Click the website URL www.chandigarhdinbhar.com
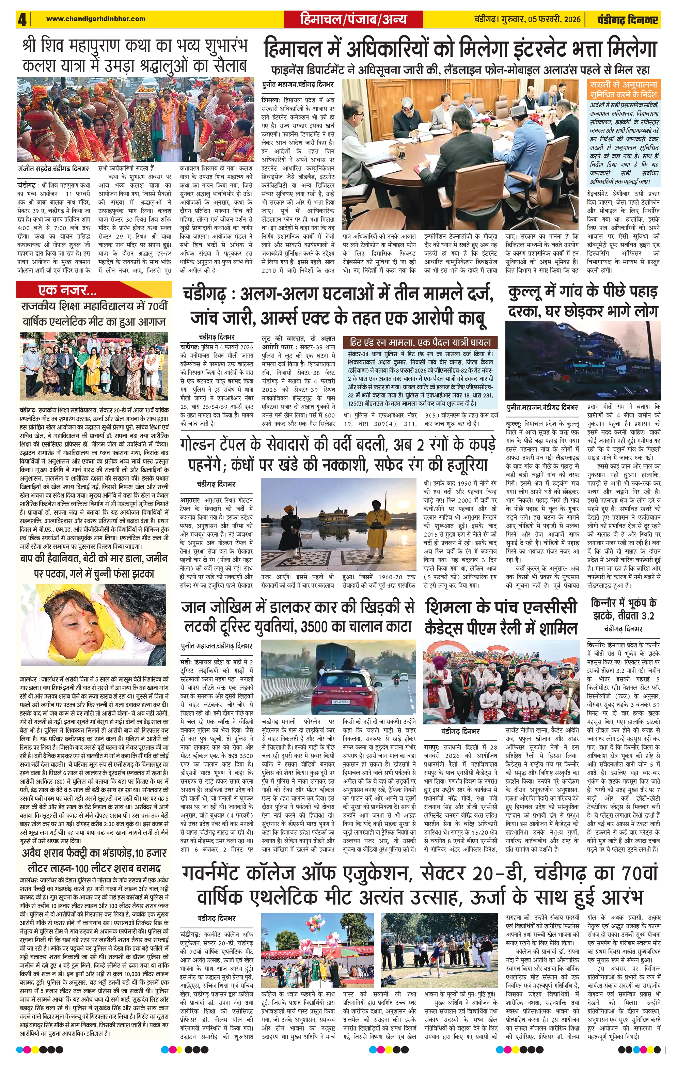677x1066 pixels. click(x=96, y=19)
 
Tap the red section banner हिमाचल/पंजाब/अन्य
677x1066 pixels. click(x=353, y=19)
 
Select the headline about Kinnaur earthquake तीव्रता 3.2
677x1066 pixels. click(x=623, y=609)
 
